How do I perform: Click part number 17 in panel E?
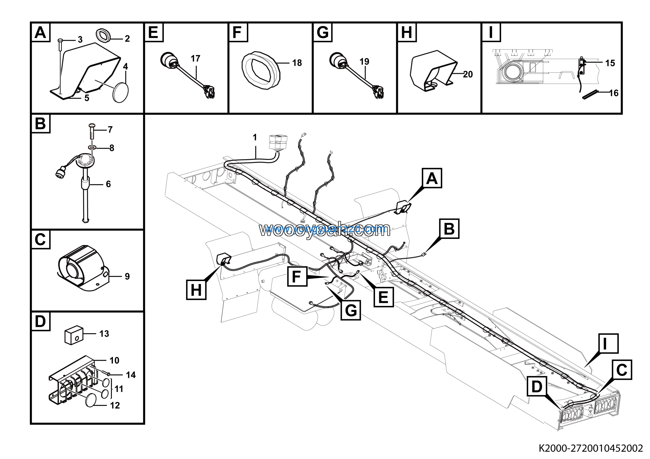(x=195, y=59)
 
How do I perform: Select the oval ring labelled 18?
(x=261, y=71)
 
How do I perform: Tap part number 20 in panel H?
(x=468, y=74)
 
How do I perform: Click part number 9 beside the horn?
(x=127, y=276)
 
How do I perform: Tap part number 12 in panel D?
(x=115, y=405)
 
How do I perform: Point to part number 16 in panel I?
(x=614, y=93)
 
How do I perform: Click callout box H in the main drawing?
(x=196, y=289)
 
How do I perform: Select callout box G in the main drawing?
(x=351, y=310)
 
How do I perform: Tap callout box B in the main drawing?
(x=449, y=228)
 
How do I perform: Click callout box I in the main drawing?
(x=608, y=343)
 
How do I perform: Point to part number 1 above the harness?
(x=254, y=138)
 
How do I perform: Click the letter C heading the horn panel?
(x=40, y=239)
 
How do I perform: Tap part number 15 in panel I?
(x=610, y=63)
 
